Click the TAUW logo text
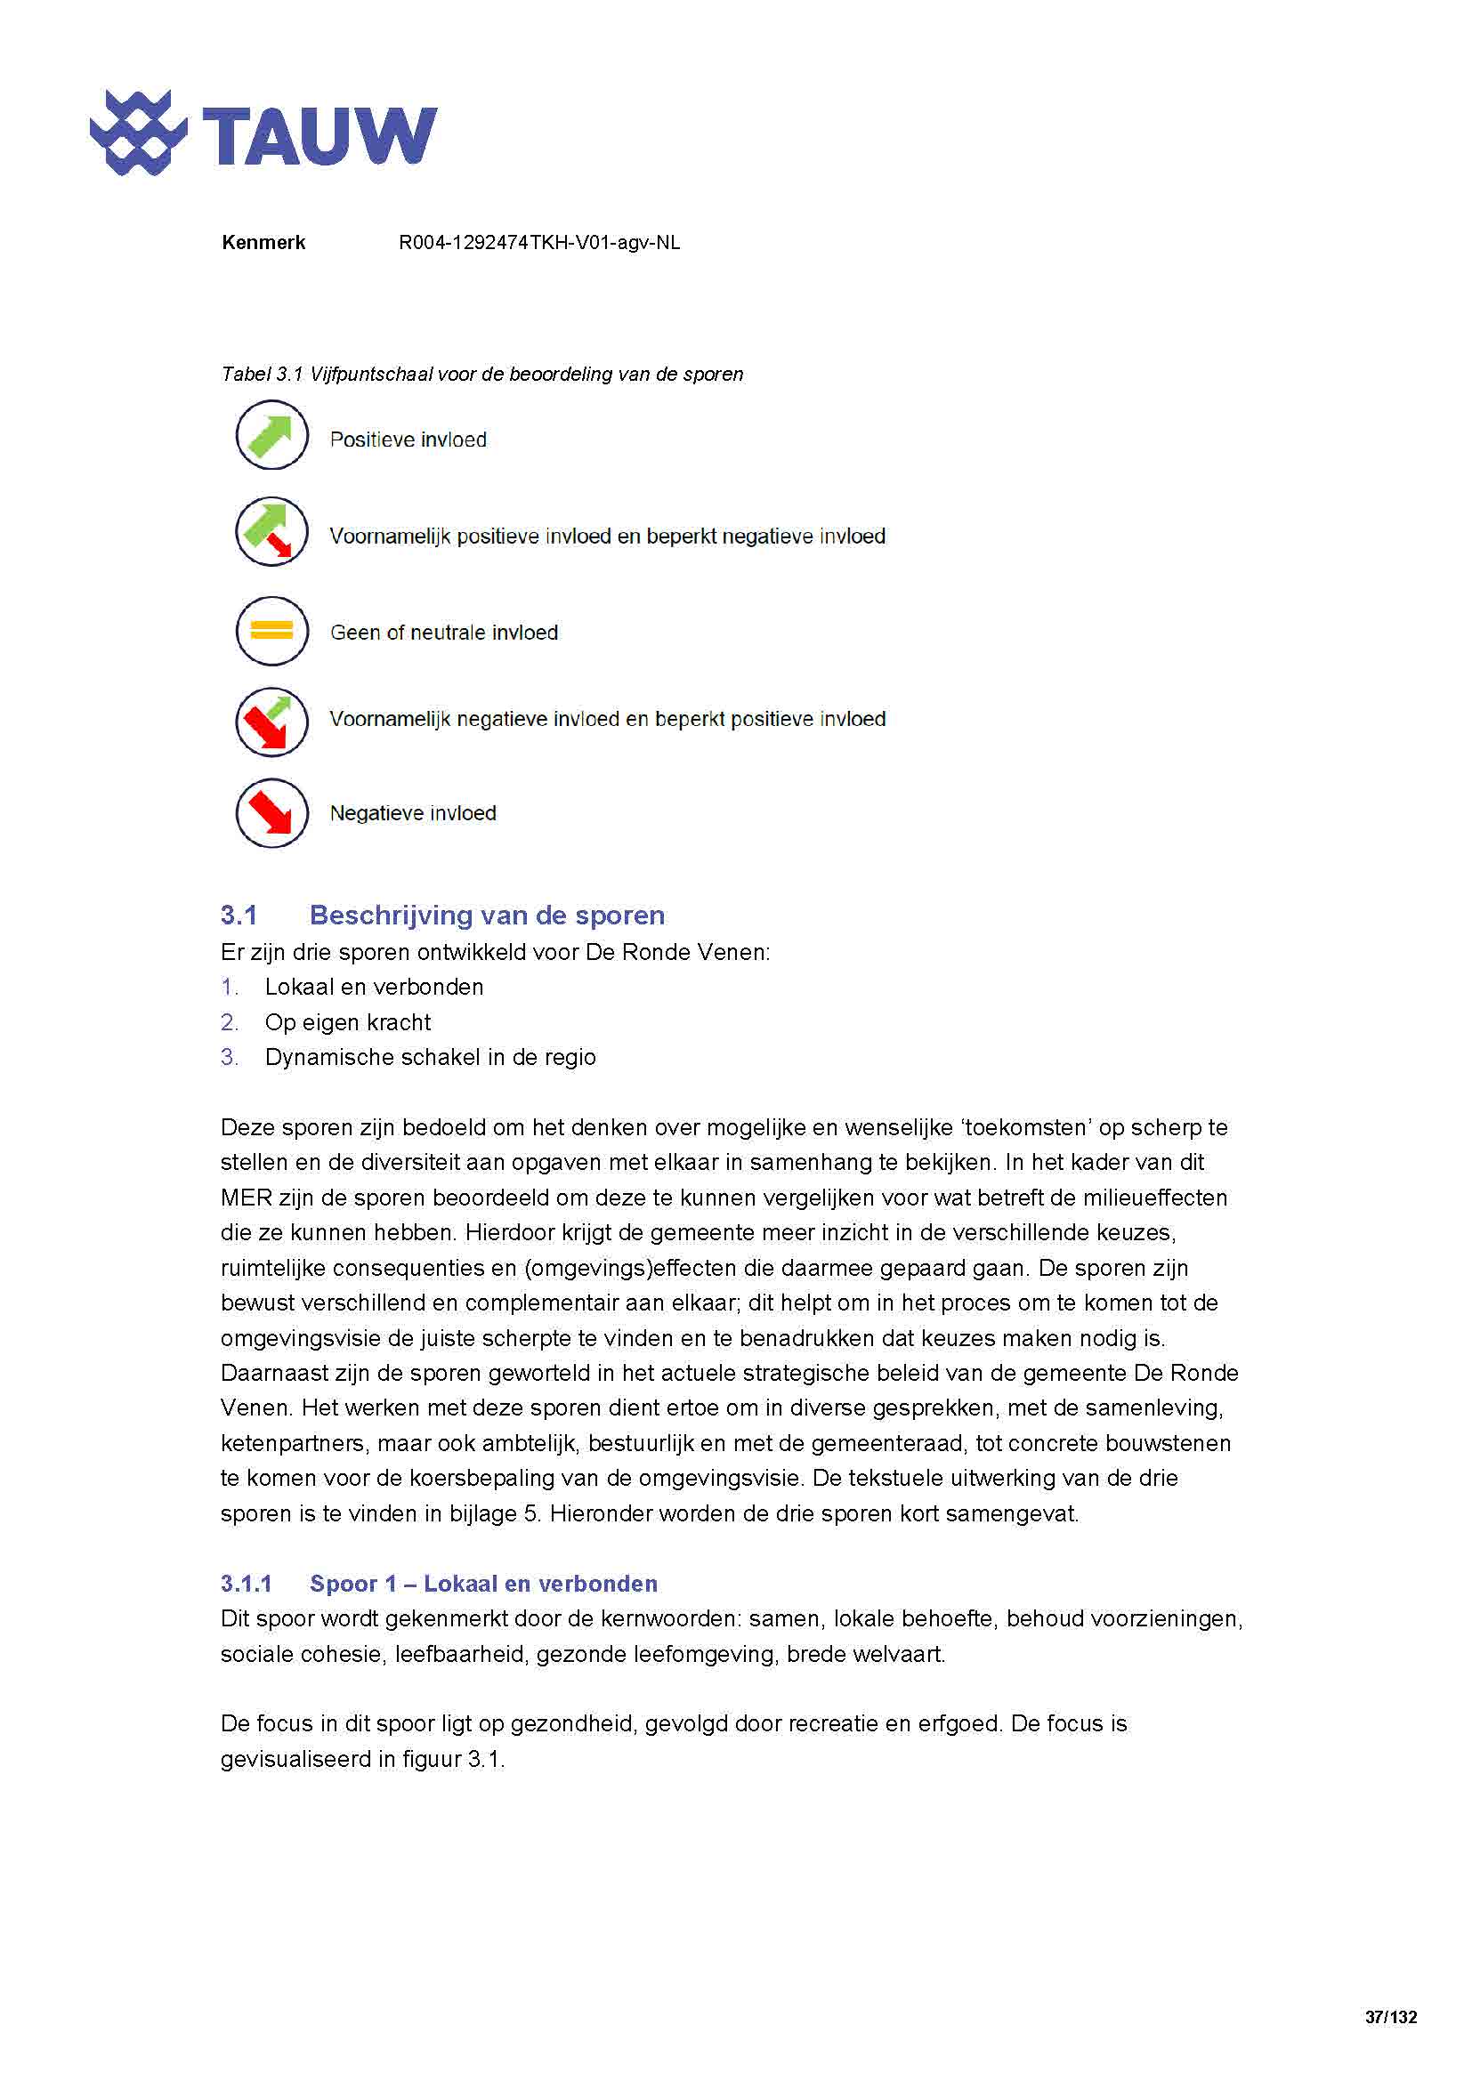coord(319,136)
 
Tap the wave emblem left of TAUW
coord(138,133)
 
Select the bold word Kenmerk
coord(263,242)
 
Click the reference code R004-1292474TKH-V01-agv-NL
coord(539,242)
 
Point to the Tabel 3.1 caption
coord(481,374)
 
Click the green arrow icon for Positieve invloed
coord(272,435)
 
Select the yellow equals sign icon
coord(272,630)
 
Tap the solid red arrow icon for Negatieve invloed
coord(272,813)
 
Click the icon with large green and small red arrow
coord(272,532)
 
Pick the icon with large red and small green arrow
coord(272,722)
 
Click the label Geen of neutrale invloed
coord(443,632)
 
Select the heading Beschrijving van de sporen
coord(487,915)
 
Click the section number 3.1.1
coord(246,1584)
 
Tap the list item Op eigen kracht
coord(347,1022)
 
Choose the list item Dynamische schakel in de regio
coord(430,1057)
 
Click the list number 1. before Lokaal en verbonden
coord(230,987)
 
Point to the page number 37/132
coord(1390,2018)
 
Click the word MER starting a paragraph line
coord(246,1198)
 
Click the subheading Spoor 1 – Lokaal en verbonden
coord(483,1584)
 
